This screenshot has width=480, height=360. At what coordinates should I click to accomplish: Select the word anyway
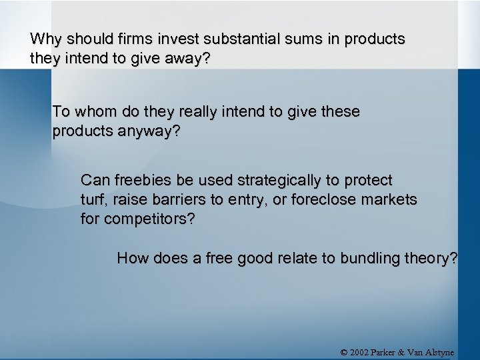(149, 131)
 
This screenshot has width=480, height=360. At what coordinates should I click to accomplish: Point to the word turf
(93, 199)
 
